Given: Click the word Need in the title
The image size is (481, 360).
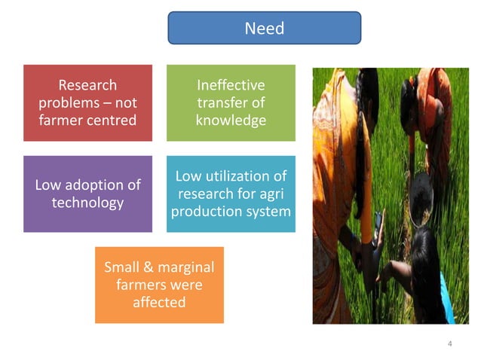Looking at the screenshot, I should pos(264,29).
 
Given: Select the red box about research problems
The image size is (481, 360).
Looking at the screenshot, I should pos(87,102).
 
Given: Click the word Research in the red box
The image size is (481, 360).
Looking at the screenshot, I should pos(87,85).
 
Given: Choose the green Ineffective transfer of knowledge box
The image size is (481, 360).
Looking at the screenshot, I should pos(231,102).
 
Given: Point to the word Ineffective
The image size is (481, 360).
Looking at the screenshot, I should pos(231,85).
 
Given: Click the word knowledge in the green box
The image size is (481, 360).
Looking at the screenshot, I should pos(231,120).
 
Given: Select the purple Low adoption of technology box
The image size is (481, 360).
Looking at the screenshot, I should pos(87,194).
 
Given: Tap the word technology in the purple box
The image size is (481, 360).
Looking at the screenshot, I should pos(87,203).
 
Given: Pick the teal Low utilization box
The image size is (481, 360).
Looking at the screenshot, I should pos(231,194).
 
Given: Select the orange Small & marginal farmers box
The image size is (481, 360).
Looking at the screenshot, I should pos(159,285).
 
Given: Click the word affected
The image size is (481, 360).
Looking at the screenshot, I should pos(159,302).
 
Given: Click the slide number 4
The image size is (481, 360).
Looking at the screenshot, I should pos(449,344).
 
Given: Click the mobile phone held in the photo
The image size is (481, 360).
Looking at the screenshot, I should pos(378,221).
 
